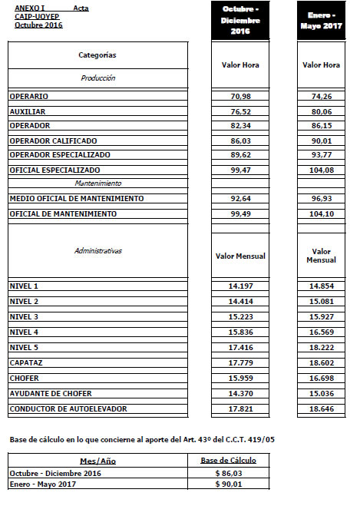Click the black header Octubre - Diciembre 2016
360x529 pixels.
click(240, 20)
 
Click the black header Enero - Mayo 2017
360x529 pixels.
click(321, 20)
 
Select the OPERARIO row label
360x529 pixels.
click(29, 97)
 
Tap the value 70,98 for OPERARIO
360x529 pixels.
click(240, 97)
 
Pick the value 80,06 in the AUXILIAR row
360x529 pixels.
click(321, 111)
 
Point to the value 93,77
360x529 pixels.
click(321, 154)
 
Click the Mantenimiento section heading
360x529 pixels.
click(97, 183)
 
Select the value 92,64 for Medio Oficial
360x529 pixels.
click(240, 198)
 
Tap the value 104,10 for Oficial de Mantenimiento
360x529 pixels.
click(321, 213)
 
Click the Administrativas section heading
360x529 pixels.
click(97, 250)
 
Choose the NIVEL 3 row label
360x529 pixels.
click(24, 316)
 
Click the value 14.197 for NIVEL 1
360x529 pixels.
click(240, 286)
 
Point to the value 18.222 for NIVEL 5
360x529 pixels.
click(321, 347)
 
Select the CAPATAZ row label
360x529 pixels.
click(26, 362)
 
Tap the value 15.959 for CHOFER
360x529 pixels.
click(240, 378)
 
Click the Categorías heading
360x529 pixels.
click(97, 55)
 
